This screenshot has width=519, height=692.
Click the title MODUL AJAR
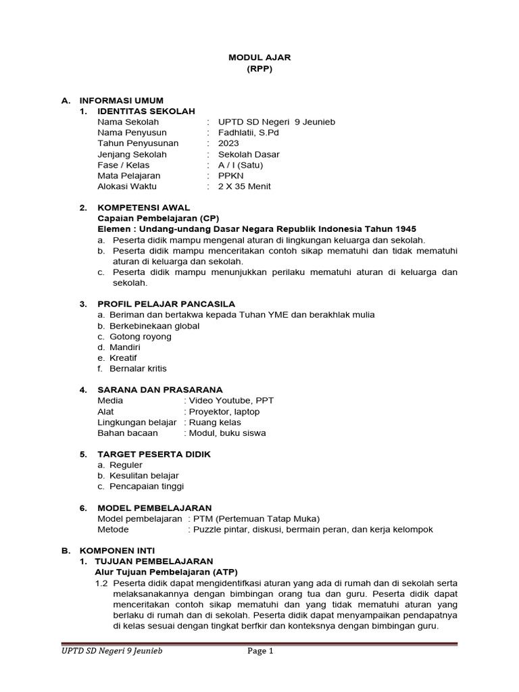pyautogui.click(x=259, y=58)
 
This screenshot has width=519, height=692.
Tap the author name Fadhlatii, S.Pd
pyautogui.click(x=248, y=132)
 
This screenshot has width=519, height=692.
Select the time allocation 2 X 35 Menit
pyautogui.click(x=244, y=187)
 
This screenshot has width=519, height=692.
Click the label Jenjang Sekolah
pyautogui.click(x=132, y=154)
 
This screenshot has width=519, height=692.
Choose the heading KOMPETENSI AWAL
pyautogui.click(x=143, y=207)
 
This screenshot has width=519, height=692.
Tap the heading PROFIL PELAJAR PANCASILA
pyautogui.click(x=166, y=304)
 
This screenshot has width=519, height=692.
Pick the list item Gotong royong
pyautogui.click(x=141, y=337)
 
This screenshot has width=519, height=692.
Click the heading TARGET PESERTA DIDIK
pyautogui.click(x=154, y=454)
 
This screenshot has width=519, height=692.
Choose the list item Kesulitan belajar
pyautogui.click(x=144, y=476)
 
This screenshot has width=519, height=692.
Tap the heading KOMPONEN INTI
pyautogui.click(x=117, y=551)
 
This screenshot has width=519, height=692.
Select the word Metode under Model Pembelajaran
pyautogui.click(x=113, y=529)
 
